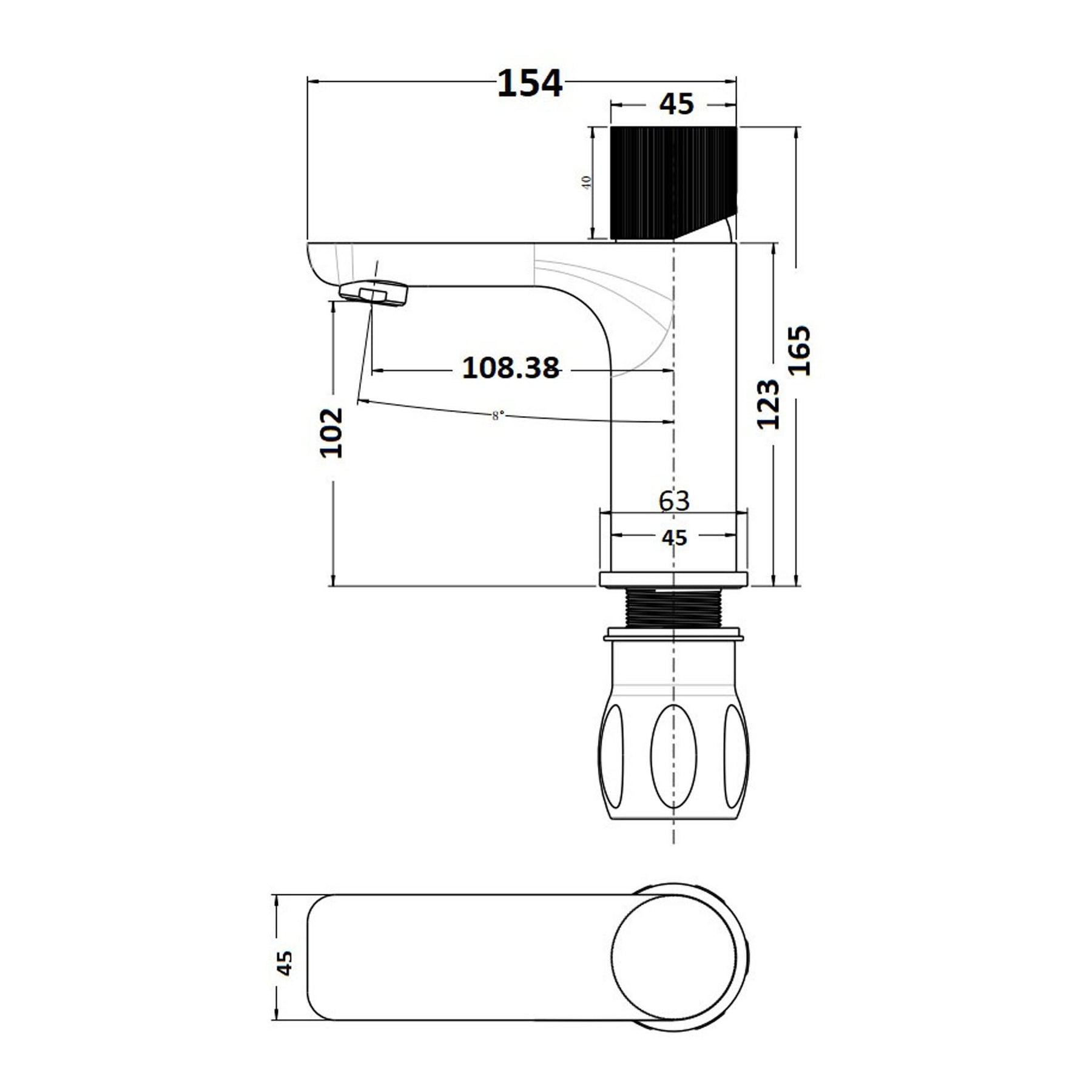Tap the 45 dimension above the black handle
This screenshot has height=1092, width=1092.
coord(676,104)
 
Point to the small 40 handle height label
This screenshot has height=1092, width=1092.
coord(587,183)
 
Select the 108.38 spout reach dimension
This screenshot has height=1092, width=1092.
coord(511,368)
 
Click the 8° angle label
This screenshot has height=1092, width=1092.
coord(497,416)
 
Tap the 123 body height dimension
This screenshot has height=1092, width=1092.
coord(768,404)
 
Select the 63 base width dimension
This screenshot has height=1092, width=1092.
coord(674,500)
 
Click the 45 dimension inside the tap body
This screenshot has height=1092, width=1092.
coord(675,538)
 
